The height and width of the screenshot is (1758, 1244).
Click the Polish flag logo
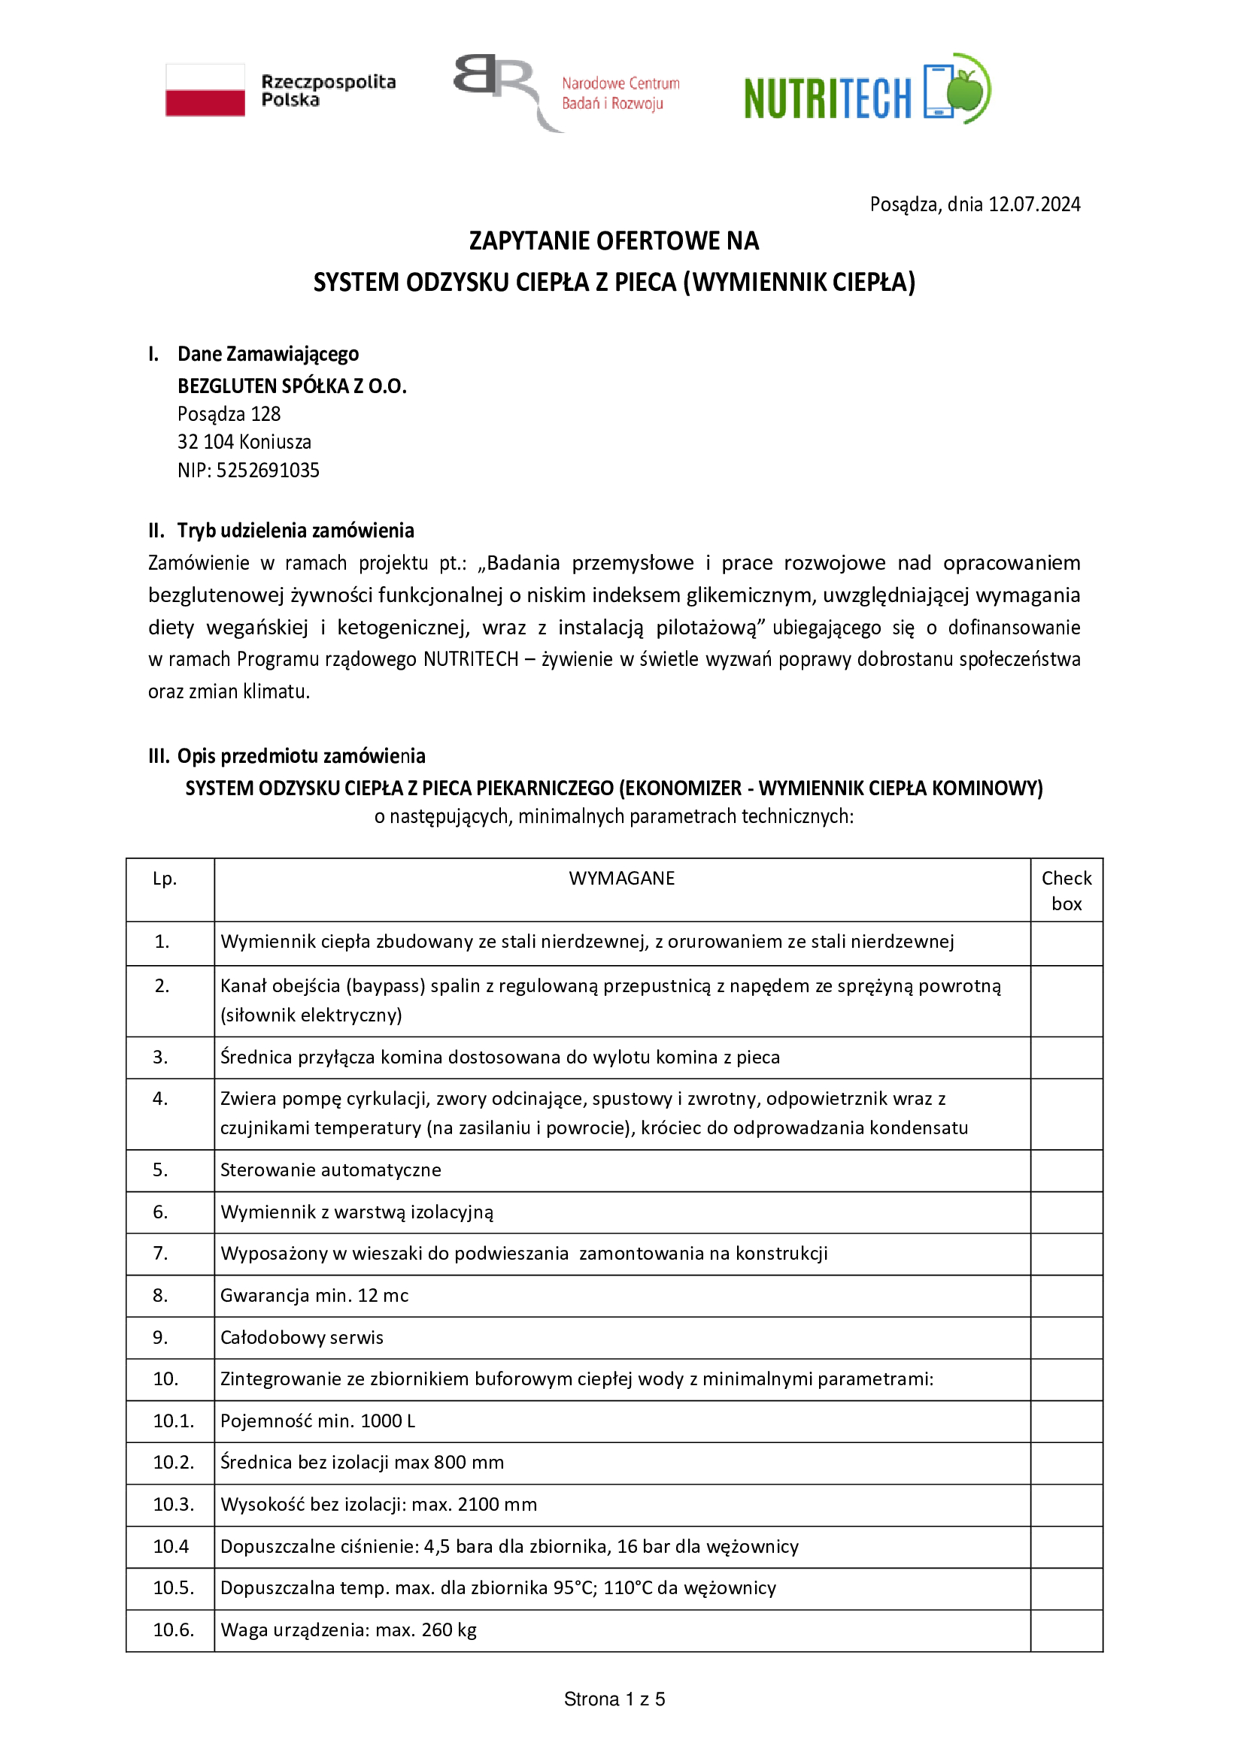[x=205, y=90]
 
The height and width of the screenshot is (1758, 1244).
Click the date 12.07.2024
[x=1034, y=204]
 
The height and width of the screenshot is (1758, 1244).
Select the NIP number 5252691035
[x=267, y=470]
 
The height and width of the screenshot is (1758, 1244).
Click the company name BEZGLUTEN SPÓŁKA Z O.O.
[x=292, y=386]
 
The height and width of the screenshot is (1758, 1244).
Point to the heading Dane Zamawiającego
[x=268, y=354]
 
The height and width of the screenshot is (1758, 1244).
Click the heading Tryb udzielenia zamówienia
[x=296, y=531]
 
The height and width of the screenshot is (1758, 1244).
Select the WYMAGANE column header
[x=621, y=878]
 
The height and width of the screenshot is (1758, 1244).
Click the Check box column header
[x=1066, y=891]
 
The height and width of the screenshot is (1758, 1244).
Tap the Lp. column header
[x=165, y=878]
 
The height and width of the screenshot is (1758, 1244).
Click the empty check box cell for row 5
[x=1066, y=1170]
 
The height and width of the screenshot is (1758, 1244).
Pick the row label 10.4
[x=171, y=1546]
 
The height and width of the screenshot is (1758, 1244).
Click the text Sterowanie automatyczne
[x=331, y=1170]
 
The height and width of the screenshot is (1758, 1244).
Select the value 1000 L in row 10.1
[x=387, y=1421]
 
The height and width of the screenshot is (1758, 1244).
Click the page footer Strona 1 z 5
[x=614, y=1699]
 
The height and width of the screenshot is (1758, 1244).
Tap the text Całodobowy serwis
[x=302, y=1338]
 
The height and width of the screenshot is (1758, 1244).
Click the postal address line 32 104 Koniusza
[x=244, y=442]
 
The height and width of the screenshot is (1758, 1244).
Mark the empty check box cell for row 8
[x=1066, y=1296]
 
